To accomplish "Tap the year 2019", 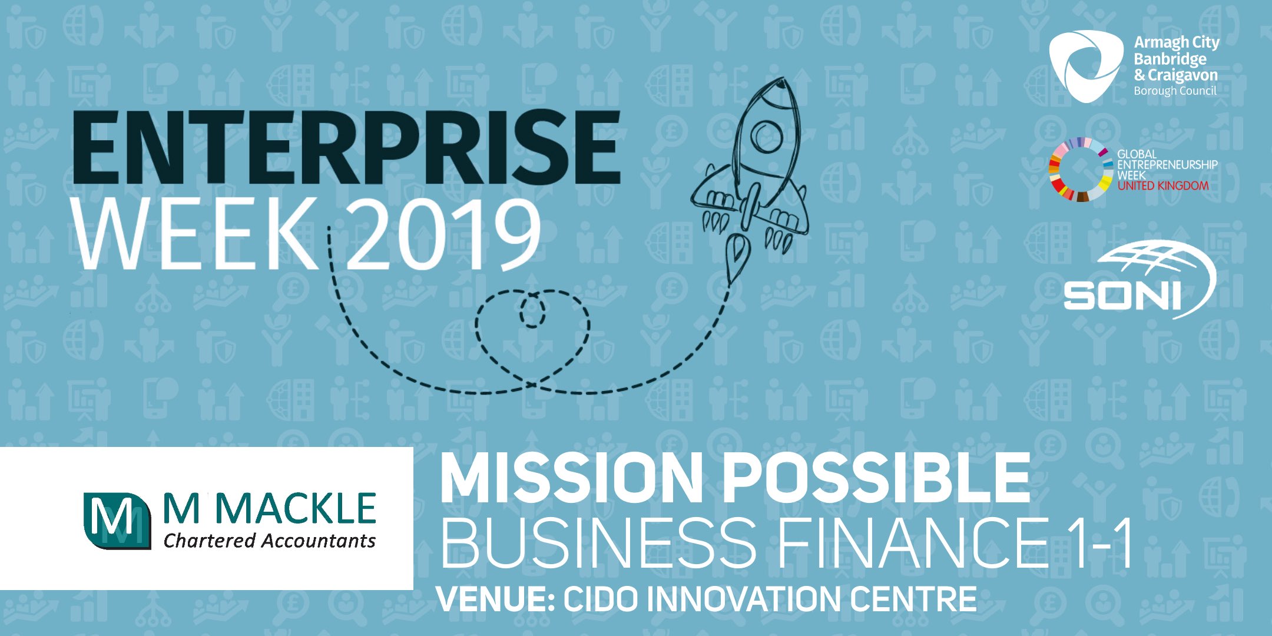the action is coord(443,234).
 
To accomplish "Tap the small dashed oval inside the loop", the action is coord(532,310).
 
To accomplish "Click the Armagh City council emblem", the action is coord(1086,65).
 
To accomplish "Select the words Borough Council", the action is coord(1175,91).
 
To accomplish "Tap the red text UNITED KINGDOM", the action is coord(1163,186).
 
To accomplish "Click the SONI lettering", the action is coord(1122,296).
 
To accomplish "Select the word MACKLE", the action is coord(296,509).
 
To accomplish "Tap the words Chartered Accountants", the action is coord(270,541).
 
